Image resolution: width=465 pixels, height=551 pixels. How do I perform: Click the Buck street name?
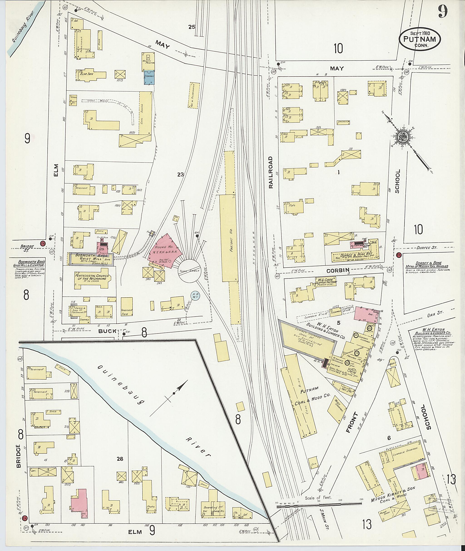(x=107, y=331)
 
